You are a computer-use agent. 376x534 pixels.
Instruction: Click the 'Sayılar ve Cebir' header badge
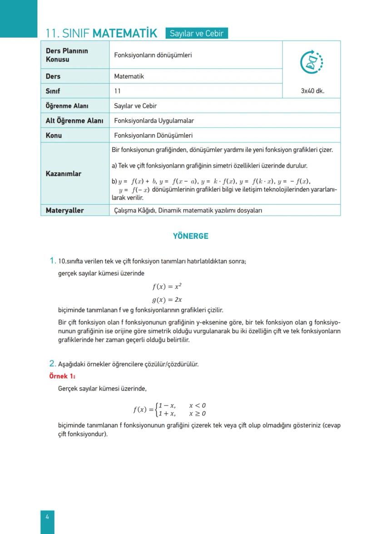pos(196,33)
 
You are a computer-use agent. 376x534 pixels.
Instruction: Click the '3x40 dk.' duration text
pos(312,91)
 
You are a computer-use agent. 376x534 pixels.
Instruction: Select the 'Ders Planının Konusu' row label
pos(67,55)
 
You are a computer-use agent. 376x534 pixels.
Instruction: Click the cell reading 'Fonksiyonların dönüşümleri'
pos(153,55)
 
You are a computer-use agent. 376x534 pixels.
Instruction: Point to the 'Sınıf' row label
pos(53,91)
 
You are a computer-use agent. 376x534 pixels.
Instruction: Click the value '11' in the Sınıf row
pos(118,91)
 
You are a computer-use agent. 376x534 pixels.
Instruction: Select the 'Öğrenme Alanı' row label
pos(67,106)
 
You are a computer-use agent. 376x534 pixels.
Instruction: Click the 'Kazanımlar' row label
pos(64,173)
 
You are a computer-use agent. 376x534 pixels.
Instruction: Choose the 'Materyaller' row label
pos(64,211)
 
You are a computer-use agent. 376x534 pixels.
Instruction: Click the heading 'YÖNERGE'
pos(190,236)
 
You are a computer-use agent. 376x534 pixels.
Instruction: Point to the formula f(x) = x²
pos(167,287)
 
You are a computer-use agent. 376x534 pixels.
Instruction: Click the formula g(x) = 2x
pos(167,300)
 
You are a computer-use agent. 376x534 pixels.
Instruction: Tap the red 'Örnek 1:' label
pos(62,376)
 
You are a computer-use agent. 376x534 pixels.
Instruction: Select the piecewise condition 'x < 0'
pos(198,405)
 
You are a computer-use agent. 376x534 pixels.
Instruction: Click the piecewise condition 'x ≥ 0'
pos(198,413)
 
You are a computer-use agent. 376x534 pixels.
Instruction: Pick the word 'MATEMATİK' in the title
pos(124,33)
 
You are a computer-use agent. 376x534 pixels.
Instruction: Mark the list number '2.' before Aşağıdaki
pos(52,363)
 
